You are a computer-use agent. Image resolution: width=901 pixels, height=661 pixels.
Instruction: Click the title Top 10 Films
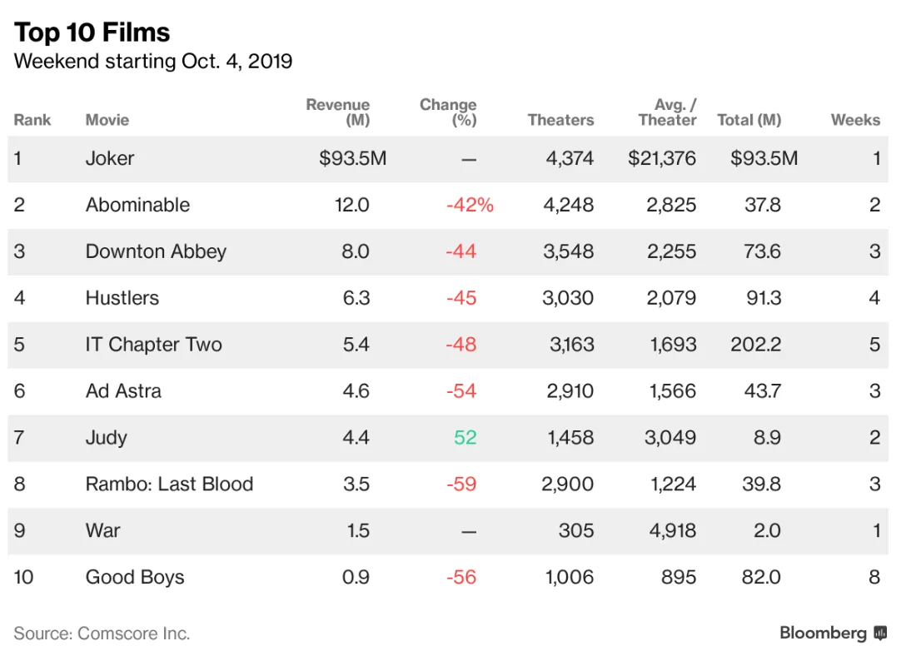click(92, 32)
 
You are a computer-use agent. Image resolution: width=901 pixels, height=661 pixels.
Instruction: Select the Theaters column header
click(560, 120)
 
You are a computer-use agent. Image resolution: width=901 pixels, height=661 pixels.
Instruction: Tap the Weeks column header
click(855, 120)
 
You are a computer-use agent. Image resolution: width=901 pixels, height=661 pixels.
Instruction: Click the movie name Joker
click(110, 158)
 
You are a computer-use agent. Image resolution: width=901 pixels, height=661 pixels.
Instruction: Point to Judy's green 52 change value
click(465, 438)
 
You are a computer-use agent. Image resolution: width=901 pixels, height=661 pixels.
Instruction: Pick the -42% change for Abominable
click(470, 205)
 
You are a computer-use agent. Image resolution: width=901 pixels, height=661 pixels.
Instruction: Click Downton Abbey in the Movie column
click(156, 251)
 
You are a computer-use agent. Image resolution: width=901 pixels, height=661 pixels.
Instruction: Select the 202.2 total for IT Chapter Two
click(755, 345)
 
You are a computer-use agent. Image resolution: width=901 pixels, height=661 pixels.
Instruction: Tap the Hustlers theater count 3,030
click(568, 298)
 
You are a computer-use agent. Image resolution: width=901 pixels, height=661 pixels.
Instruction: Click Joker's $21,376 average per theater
click(662, 158)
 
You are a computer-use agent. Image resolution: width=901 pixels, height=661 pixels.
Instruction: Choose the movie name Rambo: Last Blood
click(169, 485)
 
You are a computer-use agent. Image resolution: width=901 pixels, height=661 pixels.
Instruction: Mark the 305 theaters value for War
click(576, 531)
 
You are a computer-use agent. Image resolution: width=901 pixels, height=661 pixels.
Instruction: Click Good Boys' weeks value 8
click(874, 578)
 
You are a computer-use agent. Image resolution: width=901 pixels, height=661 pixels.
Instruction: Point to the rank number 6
click(19, 391)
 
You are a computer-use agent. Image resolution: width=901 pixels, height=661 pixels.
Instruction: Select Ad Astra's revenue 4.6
click(356, 391)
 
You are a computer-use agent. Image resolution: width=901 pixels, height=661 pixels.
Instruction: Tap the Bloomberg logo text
click(823, 634)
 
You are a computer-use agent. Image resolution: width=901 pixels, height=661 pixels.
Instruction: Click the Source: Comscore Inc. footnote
click(102, 634)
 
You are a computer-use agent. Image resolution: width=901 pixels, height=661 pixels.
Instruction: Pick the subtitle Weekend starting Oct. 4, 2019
click(153, 62)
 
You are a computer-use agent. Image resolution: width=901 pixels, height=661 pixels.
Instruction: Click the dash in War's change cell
click(469, 531)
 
